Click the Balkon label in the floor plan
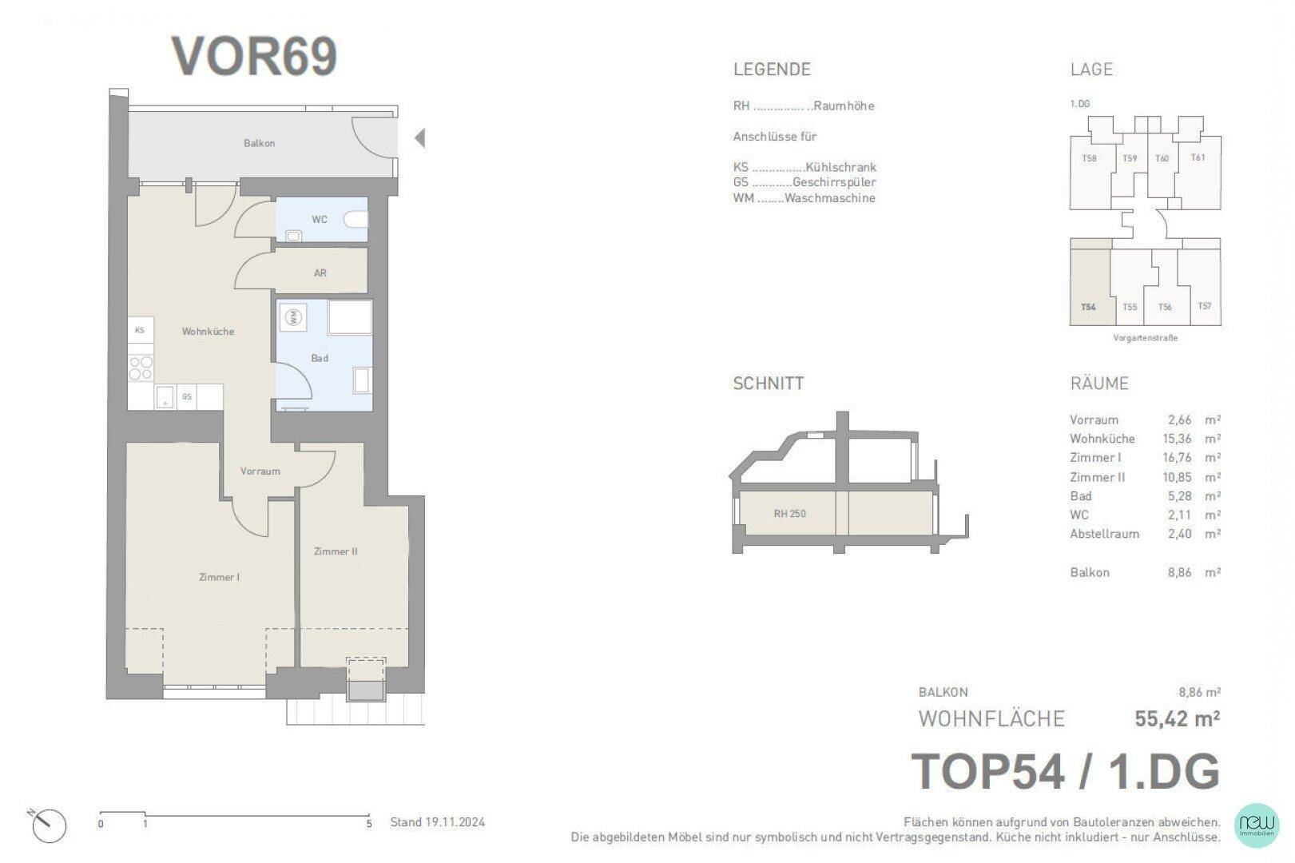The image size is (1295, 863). [259, 143]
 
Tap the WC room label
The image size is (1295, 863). [319, 219]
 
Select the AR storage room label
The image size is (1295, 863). [320, 273]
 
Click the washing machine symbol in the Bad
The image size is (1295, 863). [293, 317]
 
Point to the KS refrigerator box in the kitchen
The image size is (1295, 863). [141, 330]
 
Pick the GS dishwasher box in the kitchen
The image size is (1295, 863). [187, 397]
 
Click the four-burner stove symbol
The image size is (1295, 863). [141, 368]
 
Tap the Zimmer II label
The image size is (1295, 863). [336, 551]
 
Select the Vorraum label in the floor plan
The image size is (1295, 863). [260, 471]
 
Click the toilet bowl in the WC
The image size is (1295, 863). [356, 220]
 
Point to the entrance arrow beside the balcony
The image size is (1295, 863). [419, 138]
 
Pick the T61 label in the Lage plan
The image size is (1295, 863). [1198, 157]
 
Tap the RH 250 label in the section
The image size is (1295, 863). [790, 514]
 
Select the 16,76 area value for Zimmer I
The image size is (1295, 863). [1177, 458]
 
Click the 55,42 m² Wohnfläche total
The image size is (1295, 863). [1177, 718]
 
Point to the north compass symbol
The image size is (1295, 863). [48, 825]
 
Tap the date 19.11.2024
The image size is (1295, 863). [455, 822]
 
